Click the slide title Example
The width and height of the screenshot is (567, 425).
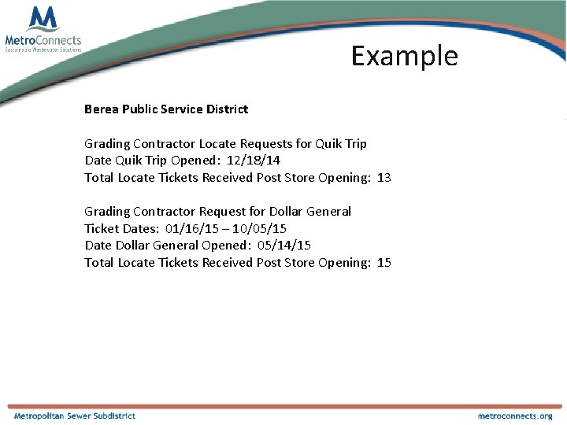[404, 56]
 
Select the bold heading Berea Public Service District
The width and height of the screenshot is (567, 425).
[166, 109]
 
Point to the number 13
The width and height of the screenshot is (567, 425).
[384, 178]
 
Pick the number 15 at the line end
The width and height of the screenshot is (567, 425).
[384, 263]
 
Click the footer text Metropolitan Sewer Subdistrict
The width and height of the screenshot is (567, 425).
[74, 416]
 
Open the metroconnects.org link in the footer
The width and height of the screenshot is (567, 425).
[515, 416]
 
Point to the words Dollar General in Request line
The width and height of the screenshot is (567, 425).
[310, 212]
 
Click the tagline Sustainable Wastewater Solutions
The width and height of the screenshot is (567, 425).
[43, 50]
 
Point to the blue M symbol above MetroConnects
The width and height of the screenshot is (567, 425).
[42, 18]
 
